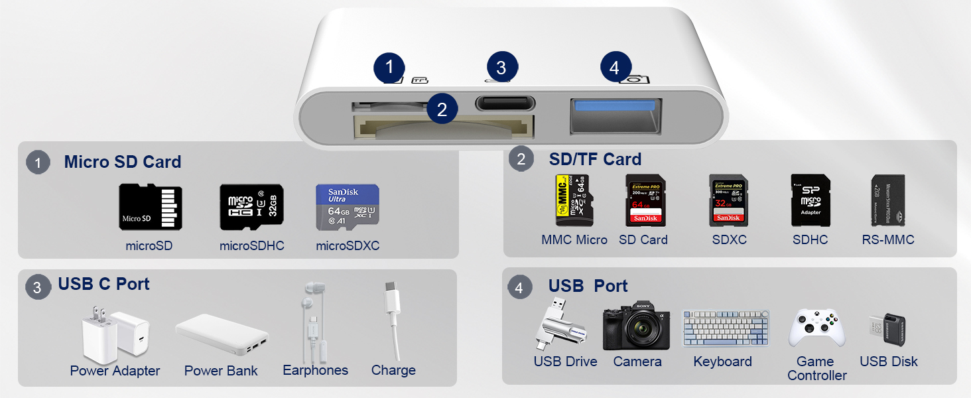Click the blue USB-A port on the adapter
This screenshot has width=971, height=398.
point(615,115)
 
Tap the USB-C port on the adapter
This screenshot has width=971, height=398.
point(505,103)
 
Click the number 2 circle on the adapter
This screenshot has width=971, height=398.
point(442,109)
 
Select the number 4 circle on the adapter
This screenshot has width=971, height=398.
point(614,68)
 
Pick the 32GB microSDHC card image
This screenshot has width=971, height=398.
point(251,207)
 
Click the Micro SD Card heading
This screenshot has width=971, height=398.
point(122,162)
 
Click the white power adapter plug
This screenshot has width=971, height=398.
point(114,334)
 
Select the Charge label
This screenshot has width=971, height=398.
point(393,370)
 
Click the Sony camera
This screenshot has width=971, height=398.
point(635,326)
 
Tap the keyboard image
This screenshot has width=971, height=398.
point(726,328)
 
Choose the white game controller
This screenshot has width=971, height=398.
point(816,328)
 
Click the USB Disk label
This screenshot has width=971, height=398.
point(888,362)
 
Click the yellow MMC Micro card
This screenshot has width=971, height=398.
point(574,200)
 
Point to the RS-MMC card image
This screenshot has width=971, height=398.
point(887,201)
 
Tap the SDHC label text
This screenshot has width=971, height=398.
point(810,239)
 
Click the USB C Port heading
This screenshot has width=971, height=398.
point(103,284)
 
